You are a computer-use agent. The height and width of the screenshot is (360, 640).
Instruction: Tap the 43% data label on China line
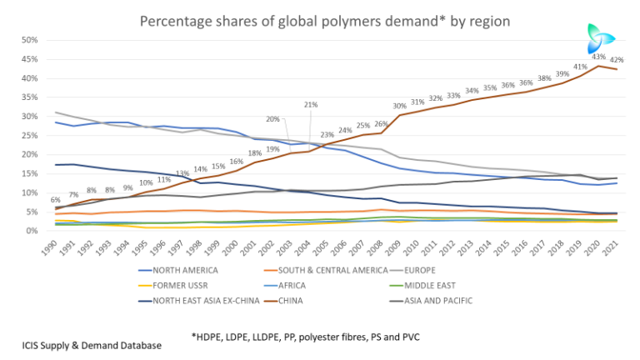pos(597,57)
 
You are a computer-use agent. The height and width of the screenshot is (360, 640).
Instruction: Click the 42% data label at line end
pos(617,60)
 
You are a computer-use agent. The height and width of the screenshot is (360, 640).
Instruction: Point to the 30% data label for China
pos(400,106)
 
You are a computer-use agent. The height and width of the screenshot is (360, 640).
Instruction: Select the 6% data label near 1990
pos(55,200)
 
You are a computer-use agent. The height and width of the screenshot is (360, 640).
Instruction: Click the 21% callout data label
pos(311,105)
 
